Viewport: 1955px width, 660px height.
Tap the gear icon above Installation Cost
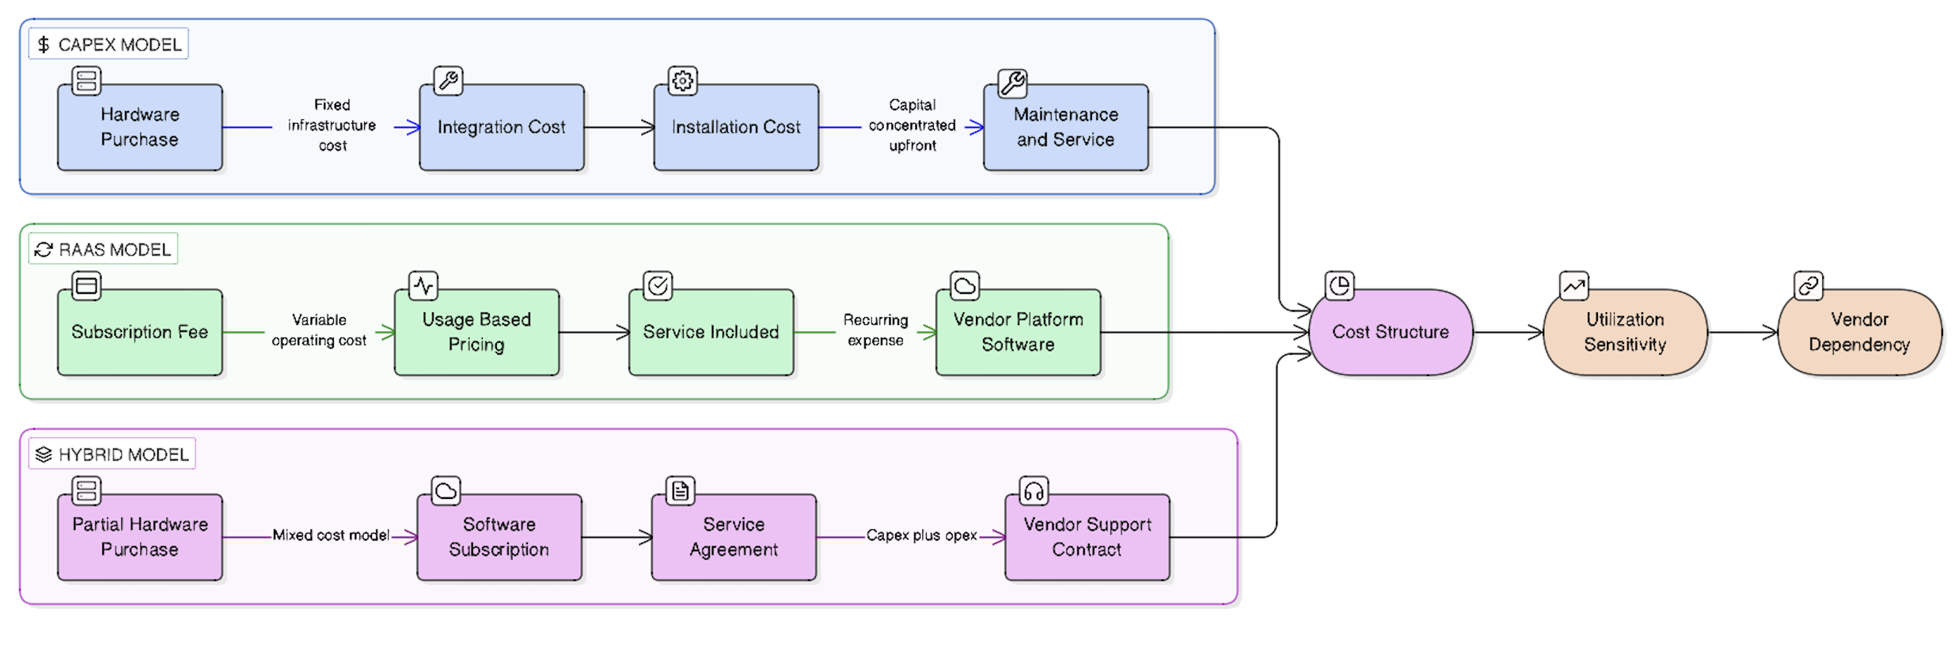(x=682, y=81)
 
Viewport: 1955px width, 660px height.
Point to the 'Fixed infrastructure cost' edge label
(x=332, y=125)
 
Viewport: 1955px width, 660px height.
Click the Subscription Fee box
(x=140, y=332)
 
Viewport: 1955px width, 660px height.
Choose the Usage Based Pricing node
(x=476, y=332)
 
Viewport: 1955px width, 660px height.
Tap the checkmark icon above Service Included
(x=657, y=285)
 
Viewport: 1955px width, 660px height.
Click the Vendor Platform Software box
(x=1017, y=332)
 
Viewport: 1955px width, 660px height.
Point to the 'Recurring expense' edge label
(x=875, y=331)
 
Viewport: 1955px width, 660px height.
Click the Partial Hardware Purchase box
(x=140, y=537)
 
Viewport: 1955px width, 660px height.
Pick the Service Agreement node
(x=733, y=537)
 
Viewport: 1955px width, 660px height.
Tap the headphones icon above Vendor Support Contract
(x=1033, y=491)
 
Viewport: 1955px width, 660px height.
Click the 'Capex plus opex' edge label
(x=920, y=536)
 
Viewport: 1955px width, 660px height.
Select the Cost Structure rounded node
(x=1390, y=332)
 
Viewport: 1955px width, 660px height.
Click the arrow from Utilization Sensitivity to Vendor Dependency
(x=1742, y=332)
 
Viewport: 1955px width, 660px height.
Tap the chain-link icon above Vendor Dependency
(x=1807, y=285)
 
